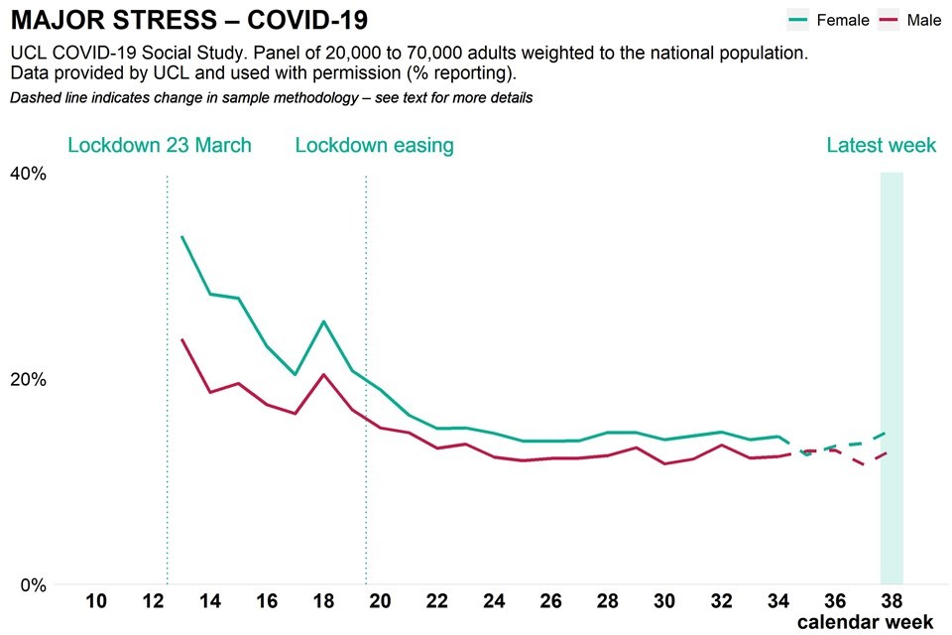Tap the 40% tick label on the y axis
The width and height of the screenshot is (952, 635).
[28, 174]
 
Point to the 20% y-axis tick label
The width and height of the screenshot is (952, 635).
[28, 380]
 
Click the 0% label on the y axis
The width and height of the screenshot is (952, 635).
[33, 585]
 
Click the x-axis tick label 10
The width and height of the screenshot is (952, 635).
[96, 601]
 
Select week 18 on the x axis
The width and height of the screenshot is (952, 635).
[323, 601]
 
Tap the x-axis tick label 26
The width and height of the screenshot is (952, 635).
[551, 601]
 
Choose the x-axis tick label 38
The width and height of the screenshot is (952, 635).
[892, 601]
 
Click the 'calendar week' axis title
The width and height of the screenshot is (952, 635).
[865, 622]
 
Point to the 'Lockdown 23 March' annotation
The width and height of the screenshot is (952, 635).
[160, 146]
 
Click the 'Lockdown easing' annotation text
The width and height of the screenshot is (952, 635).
[374, 146]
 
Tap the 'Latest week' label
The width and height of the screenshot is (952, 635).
[882, 146]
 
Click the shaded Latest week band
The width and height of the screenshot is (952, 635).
[892, 377]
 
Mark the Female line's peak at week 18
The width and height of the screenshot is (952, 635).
[323, 321]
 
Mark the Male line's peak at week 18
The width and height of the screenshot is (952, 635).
[323, 374]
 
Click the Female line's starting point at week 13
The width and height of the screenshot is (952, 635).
[182, 237]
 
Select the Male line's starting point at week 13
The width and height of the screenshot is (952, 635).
[182, 340]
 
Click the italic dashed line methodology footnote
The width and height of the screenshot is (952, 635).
[272, 98]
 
